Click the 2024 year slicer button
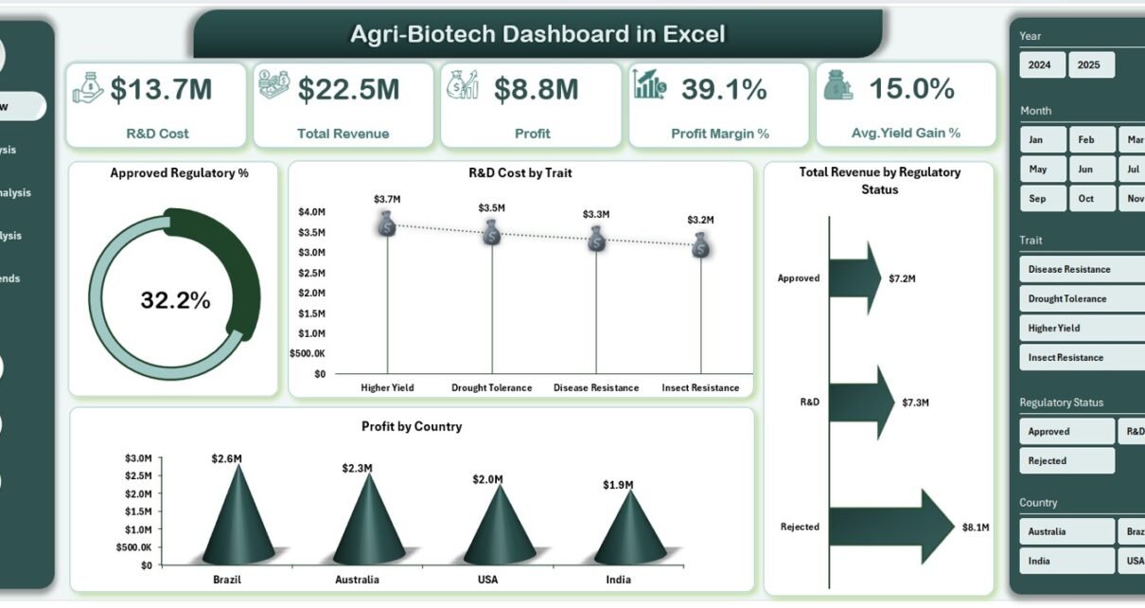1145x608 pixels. (x=1040, y=65)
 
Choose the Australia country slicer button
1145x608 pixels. (x=1066, y=531)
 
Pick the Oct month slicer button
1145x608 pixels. (x=1086, y=198)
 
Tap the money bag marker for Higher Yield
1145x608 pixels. (x=387, y=225)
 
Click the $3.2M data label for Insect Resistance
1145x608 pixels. (x=701, y=220)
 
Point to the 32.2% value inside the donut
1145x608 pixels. (x=175, y=301)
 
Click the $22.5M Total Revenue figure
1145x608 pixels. (x=349, y=90)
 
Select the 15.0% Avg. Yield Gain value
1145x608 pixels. (x=912, y=89)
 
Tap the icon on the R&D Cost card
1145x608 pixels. (x=88, y=86)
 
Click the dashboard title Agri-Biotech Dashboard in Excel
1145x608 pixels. (x=537, y=35)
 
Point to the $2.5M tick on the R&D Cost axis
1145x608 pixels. (x=312, y=273)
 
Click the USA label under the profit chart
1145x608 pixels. (x=487, y=580)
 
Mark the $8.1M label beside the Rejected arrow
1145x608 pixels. (x=976, y=528)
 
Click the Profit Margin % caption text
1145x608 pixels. (x=720, y=134)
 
